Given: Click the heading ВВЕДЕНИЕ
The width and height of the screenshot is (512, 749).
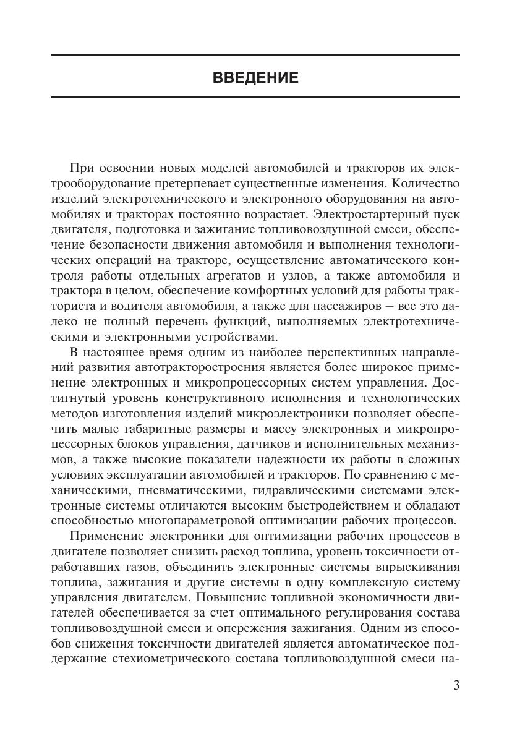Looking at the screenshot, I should click(255, 78).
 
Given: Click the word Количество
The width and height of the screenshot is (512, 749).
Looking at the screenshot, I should click(424, 184).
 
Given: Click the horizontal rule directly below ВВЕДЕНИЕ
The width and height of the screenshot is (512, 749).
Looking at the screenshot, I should click(255, 97).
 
